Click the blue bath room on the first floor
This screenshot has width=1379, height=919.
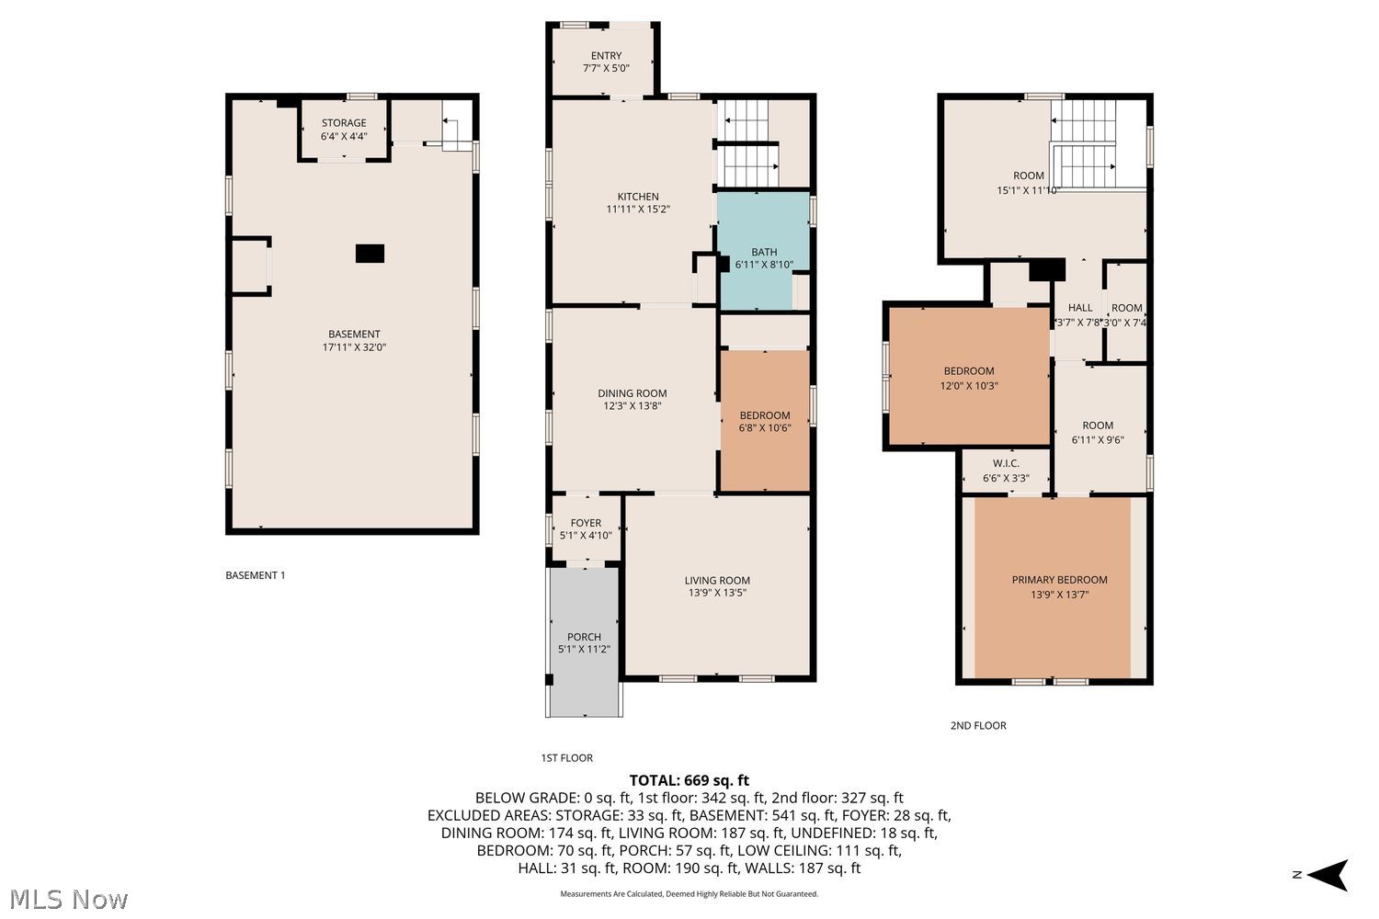pyautogui.click(x=763, y=251)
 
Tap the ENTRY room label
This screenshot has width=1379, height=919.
pyautogui.click(x=607, y=55)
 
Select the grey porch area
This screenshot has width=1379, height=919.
pyautogui.click(x=584, y=642)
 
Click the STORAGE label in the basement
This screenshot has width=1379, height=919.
pyautogui.click(x=344, y=123)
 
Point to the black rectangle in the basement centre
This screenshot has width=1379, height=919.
pyautogui.click(x=370, y=254)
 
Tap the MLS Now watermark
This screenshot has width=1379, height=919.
pyautogui.click(x=68, y=900)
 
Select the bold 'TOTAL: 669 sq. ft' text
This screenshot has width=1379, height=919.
pyautogui.click(x=689, y=780)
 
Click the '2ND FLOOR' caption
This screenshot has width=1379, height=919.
pyautogui.click(x=978, y=726)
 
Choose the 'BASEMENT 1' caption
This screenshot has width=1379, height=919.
pyautogui.click(x=256, y=575)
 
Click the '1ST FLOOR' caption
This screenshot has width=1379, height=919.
pyautogui.click(x=567, y=758)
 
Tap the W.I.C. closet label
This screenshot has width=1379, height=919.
pyautogui.click(x=1006, y=463)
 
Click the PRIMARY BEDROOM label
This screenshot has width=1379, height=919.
pyautogui.click(x=1059, y=580)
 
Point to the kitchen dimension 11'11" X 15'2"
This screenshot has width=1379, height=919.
pyautogui.click(x=638, y=210)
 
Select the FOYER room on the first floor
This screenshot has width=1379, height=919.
pyautogui.click(x=587, y=528)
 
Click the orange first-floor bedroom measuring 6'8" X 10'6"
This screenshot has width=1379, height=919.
pyautogui.click(x=765, y=421)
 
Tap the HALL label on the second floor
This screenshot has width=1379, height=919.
pyautogui.click(x=1080, y=308)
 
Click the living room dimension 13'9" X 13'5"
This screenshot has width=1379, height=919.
pyautogui.click(x=717, y=593)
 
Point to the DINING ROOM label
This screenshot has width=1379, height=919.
pyautogui.click(x=633, y=393)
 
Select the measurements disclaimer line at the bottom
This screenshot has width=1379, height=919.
pyautogui.click(x=689, y=894)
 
